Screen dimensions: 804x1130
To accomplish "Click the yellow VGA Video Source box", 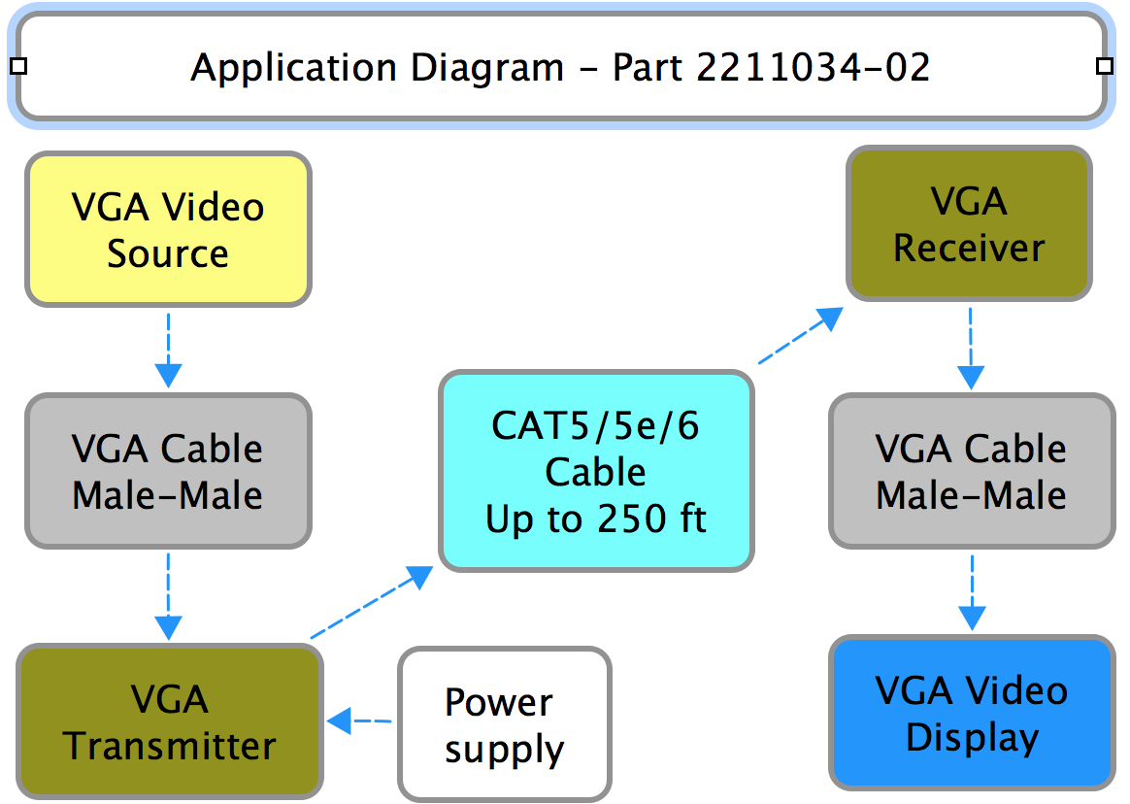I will [x=169, y=230].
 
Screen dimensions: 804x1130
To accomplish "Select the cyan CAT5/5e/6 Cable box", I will [x=596, y=472].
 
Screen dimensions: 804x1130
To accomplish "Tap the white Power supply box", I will [x=504, y=724].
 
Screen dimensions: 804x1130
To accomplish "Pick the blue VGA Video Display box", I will [x=972, y=714].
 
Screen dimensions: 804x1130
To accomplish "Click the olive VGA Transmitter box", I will [x=170, y=721].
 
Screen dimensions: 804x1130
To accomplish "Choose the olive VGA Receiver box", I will [x=969, y=224].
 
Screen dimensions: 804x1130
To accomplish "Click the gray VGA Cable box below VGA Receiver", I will [x=972, y=471].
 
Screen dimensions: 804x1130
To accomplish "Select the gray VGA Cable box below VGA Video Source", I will [x=168, y=471].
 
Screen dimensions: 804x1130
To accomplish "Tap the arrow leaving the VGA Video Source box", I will [x=169, y=350].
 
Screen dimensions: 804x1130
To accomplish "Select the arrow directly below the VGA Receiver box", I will [x=971, y=350].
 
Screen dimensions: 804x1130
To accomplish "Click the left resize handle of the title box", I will [x=17, y=66].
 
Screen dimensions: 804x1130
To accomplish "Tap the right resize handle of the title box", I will [x=1104, y=66].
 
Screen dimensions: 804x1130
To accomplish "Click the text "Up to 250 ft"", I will [x=596, y=519].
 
